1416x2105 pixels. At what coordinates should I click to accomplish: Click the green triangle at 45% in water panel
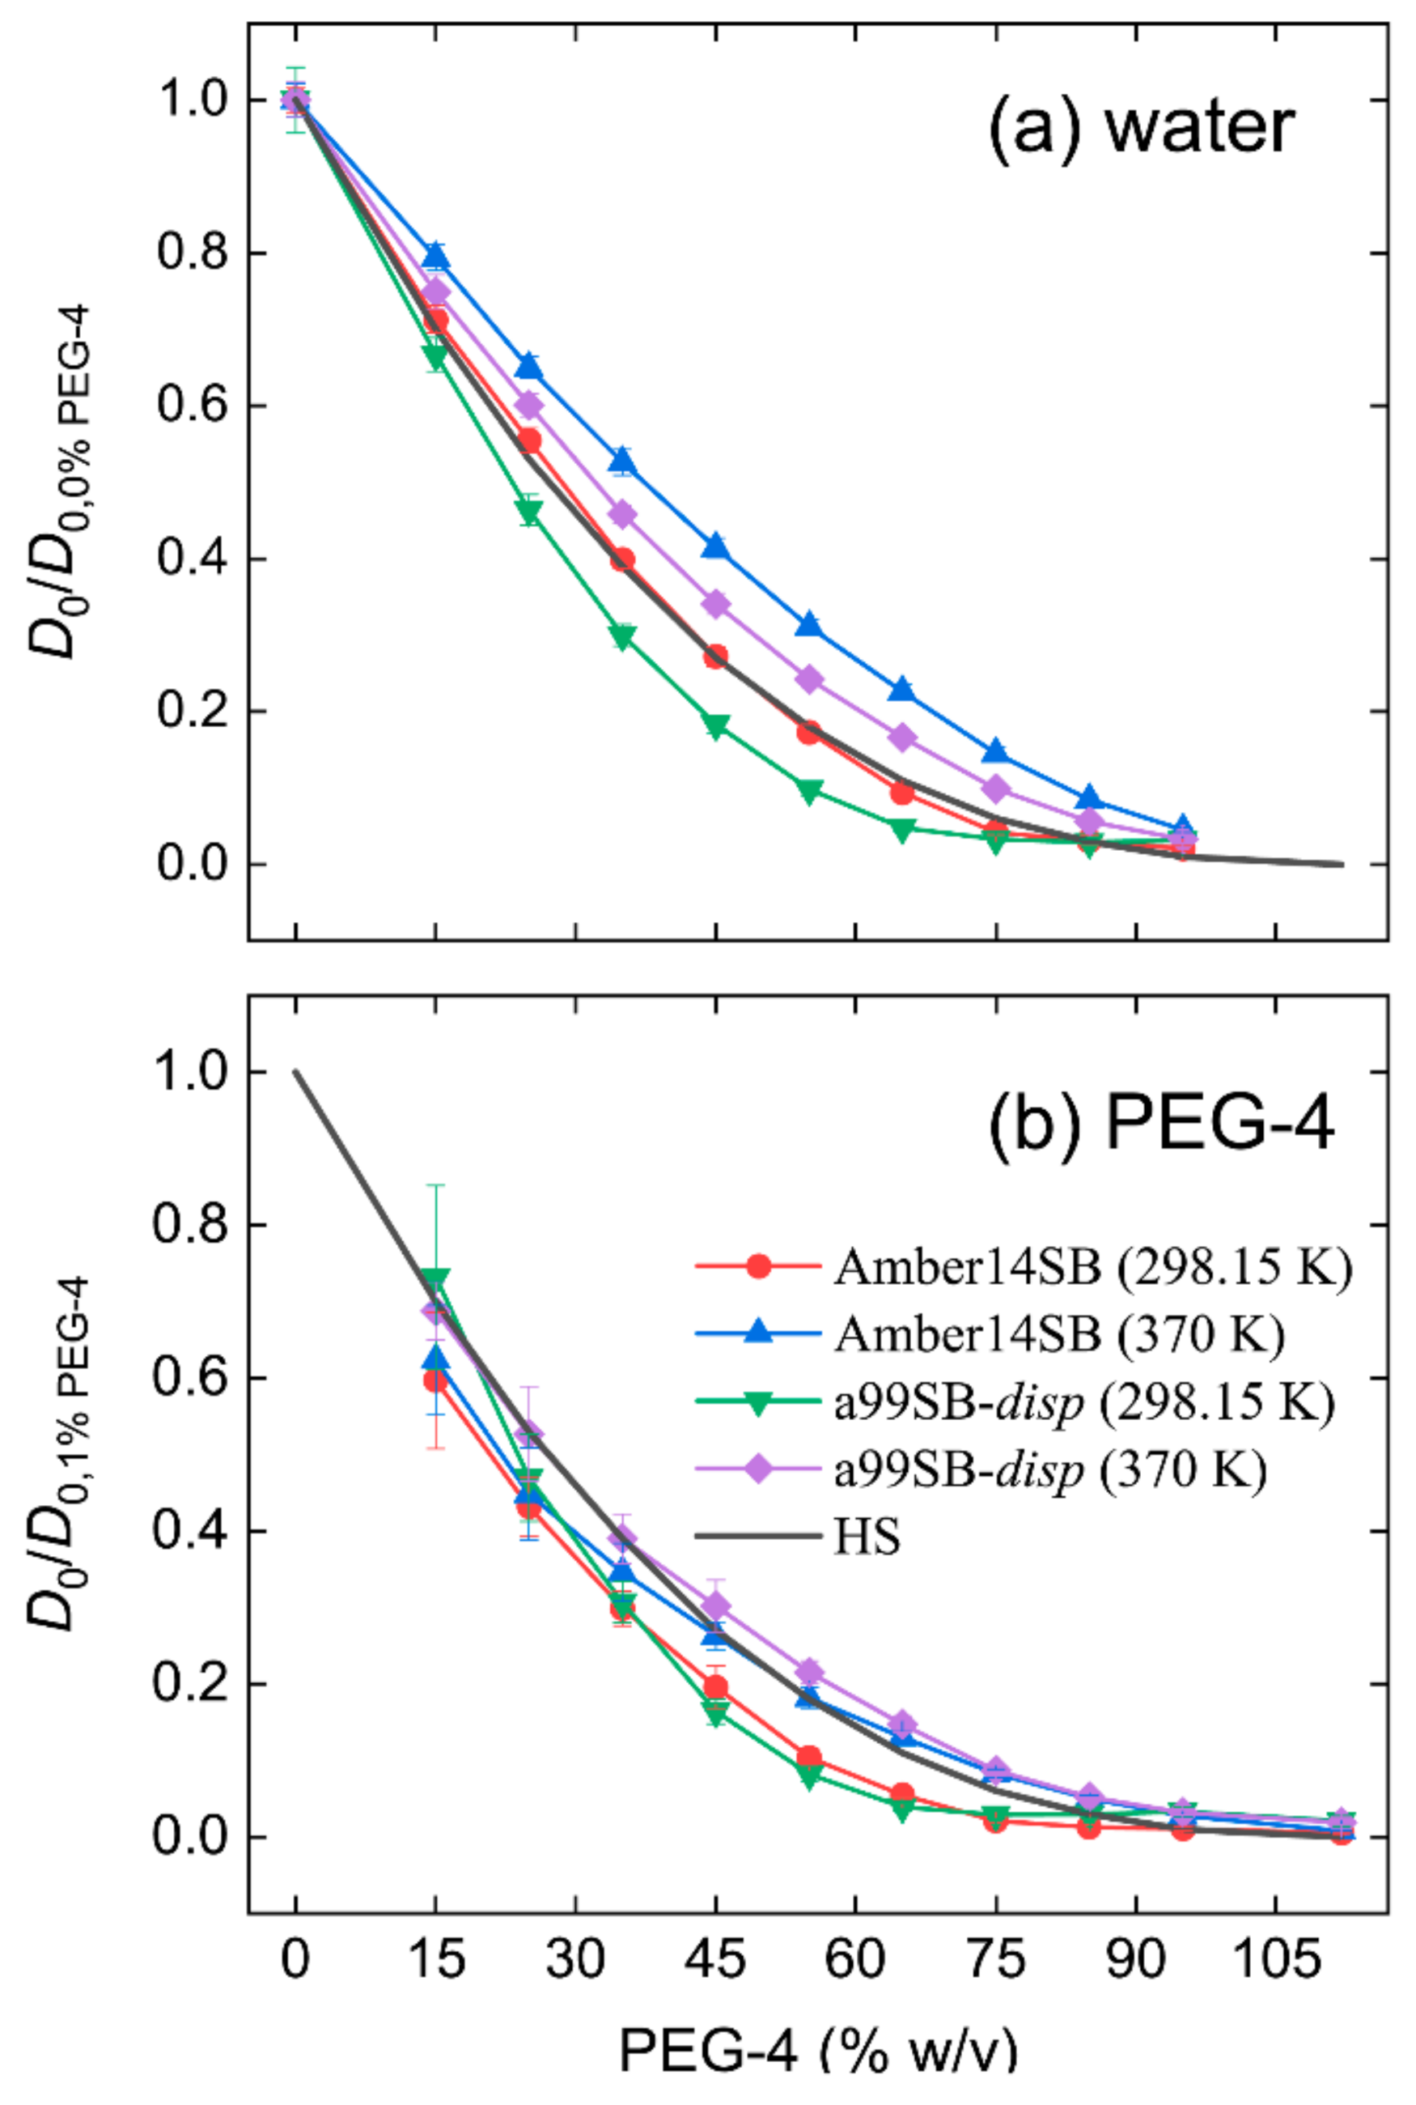[x=715, y=726]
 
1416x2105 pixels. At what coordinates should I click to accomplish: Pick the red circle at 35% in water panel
[x=622, y=559]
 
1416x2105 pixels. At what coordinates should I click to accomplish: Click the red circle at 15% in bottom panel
[x=436, y=1380]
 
